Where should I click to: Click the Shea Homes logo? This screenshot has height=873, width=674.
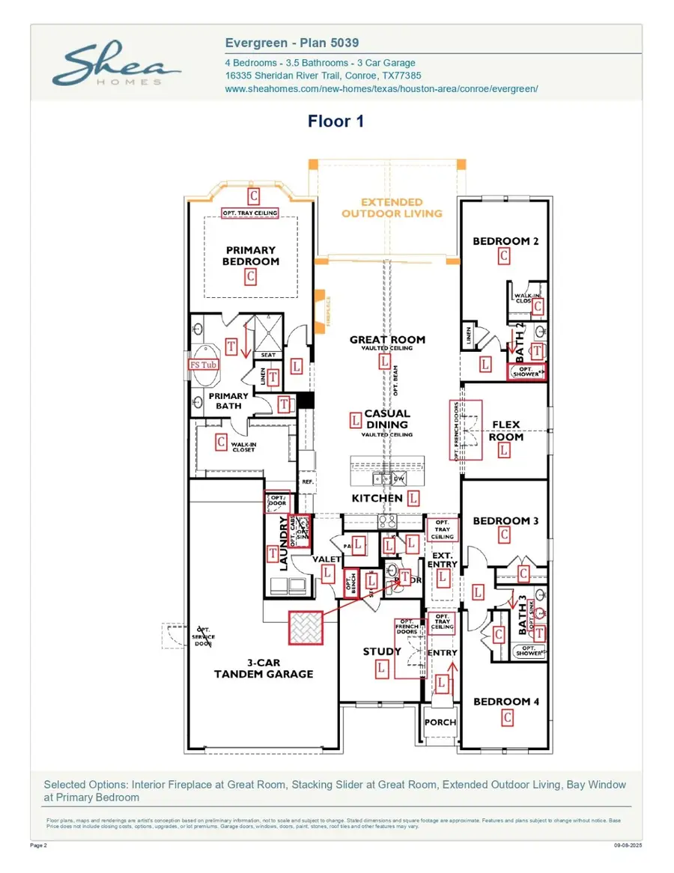tap(116, 65)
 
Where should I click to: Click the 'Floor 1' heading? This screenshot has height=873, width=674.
tap(336, 121)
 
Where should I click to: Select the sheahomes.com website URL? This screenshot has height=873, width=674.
tap(381, 88)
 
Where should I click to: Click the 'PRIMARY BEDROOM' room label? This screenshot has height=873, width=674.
tap(250, 255)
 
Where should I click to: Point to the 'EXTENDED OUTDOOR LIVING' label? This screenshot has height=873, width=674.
tap(392, 207)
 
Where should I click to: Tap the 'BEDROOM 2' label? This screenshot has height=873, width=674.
tap(506, 241)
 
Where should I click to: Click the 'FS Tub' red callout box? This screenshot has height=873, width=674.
tap(203, 365)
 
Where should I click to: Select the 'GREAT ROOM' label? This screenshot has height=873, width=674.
tap(387, 339)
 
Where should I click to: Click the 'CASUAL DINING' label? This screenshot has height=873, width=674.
tap(387, 419)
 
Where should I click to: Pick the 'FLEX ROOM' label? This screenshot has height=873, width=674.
tap(506, 431)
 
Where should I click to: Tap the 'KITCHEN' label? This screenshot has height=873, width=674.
tap(377, 498)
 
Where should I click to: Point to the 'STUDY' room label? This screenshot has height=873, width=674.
tap(382, 651)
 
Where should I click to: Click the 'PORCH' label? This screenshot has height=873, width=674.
tap(440, 722)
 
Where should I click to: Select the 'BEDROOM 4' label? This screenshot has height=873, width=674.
tap(506, 702)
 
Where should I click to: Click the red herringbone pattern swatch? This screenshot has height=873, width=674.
tap(306, 627)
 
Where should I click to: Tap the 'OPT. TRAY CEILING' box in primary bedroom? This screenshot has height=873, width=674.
tap(250, 213)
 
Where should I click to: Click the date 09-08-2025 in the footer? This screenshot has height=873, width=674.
tap(628, 845)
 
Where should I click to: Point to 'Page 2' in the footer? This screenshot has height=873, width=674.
tap(39, 845)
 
